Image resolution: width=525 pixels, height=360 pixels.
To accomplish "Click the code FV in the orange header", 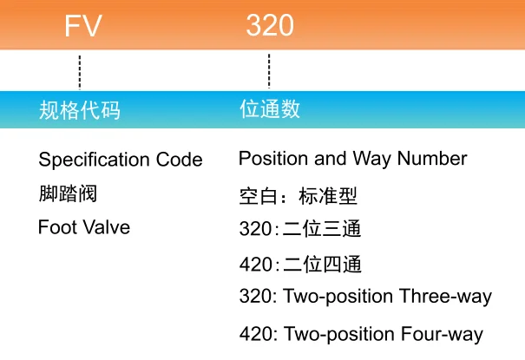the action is (82, 27).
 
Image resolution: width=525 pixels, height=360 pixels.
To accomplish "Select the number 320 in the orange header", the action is (269, 27).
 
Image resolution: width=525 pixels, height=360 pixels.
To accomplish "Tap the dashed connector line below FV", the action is (80, 71).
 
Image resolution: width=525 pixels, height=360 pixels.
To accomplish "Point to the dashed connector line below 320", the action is (269, 71).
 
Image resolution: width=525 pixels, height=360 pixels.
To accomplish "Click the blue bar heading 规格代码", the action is (80, 110).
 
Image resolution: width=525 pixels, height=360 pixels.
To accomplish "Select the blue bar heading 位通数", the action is (270, 109).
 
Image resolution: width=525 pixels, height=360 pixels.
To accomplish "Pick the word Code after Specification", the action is (180, 160).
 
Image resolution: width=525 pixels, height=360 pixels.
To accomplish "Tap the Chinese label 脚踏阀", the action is (68, 193).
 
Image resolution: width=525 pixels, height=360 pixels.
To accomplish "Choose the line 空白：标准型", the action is (298, 196).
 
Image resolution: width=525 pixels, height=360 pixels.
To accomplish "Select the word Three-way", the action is (445, 297).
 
